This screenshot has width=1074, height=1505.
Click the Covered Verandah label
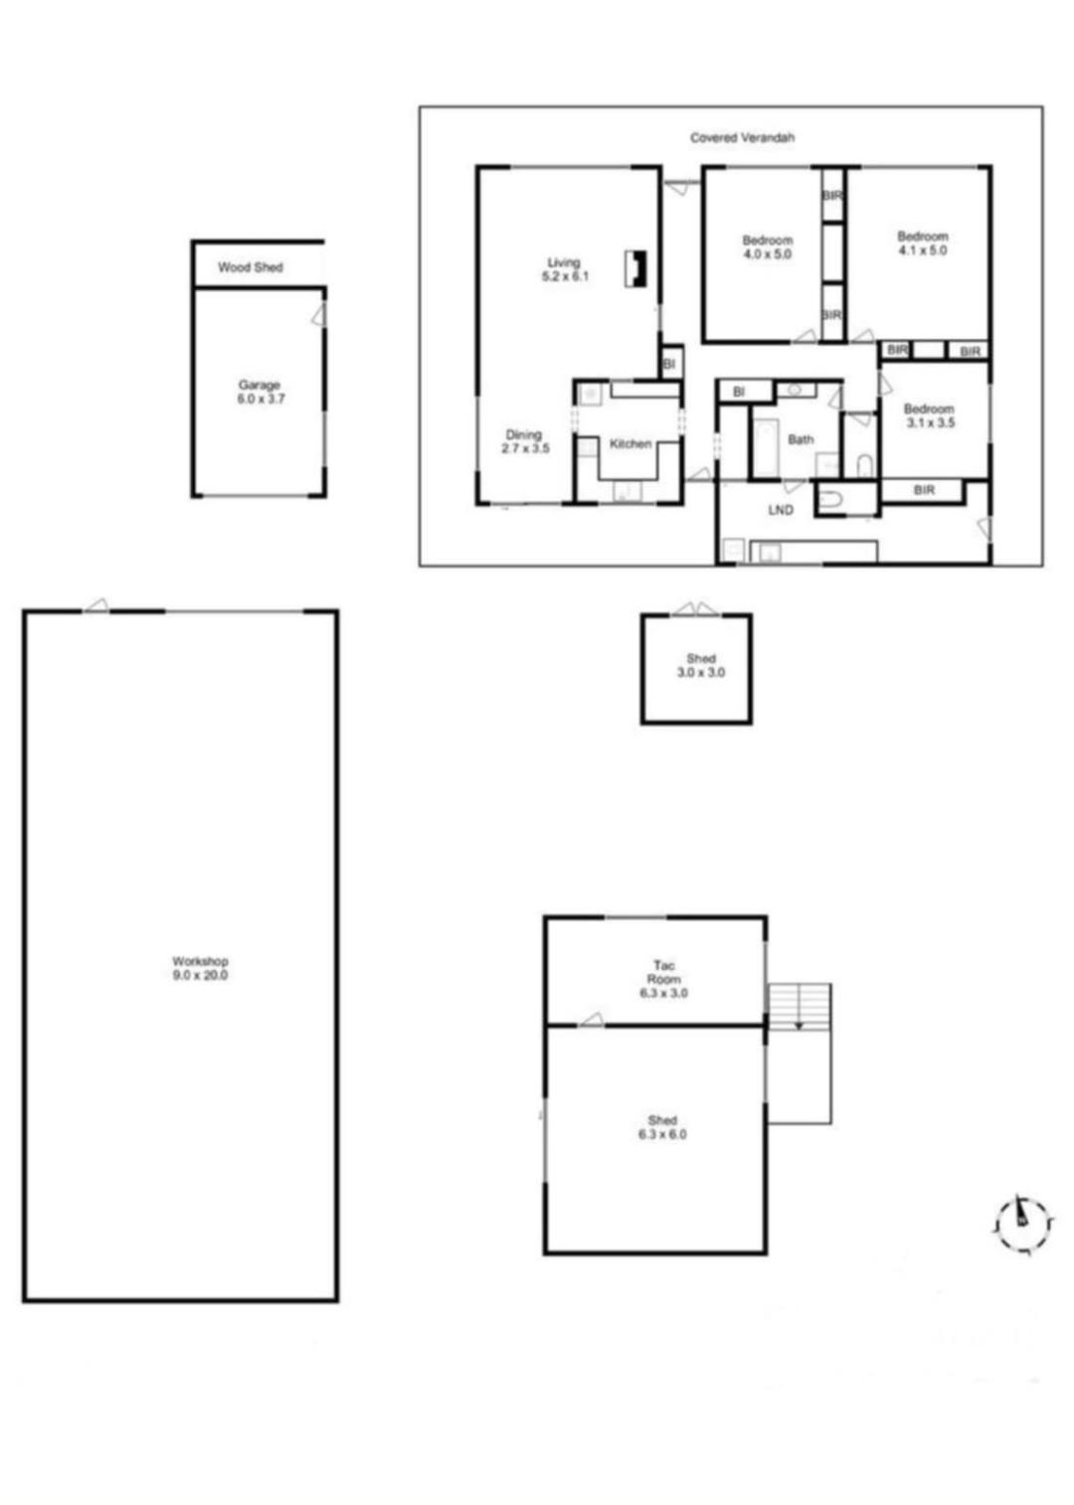click(x=742, y=138)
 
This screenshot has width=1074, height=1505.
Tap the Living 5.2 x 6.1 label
click(x=565, y=268)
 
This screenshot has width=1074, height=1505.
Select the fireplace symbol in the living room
click(x=635, y=268)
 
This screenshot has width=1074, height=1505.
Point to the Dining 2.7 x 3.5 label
click(x=525, y=441)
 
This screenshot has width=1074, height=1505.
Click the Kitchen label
click(x=629, y=443)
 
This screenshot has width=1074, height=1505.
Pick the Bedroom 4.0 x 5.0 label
click(x=767, y=247)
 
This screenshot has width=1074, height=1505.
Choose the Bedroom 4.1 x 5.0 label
click(x=922, y=243)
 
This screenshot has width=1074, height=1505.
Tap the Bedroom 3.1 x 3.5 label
click(x=930, y=416)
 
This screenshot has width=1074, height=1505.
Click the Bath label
click(x=800, y=439)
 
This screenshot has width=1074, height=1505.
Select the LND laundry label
click(x=781, y=510)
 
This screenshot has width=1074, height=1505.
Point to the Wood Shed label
click(x=250, y=267)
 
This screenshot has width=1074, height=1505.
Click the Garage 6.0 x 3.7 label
click(x=261, y=392)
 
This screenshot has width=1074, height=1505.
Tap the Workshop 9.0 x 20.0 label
click(x=200, y=968)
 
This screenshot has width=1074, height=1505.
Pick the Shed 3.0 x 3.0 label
click(x=700, y=665)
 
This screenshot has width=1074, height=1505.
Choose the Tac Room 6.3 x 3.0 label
click(x=663, y=979)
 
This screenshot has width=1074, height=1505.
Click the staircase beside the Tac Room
click(x=800, y=1006)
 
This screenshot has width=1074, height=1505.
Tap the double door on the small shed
click(x=695, y=608)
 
